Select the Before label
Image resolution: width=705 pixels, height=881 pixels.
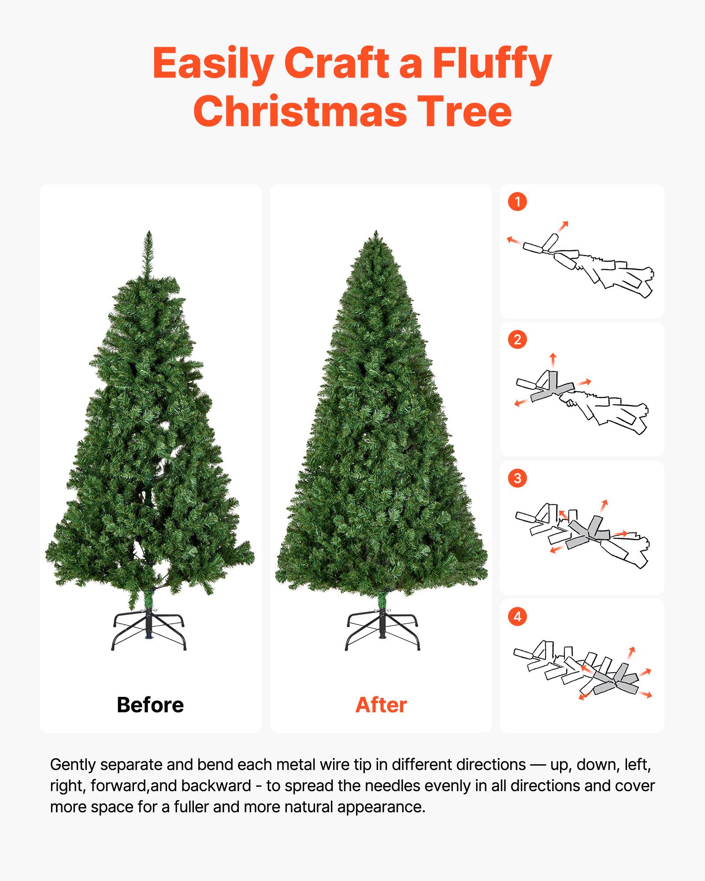coord(150,705)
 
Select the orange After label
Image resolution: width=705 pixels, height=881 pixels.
coord(381,705)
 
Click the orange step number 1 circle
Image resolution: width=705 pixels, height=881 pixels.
coord(517,202)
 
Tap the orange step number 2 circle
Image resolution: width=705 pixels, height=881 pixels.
coord(517,340)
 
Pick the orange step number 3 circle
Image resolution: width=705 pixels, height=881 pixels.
coord(517,478)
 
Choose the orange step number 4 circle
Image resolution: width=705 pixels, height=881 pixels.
coord(517,616)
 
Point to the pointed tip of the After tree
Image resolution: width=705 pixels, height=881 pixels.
coord(376,236)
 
